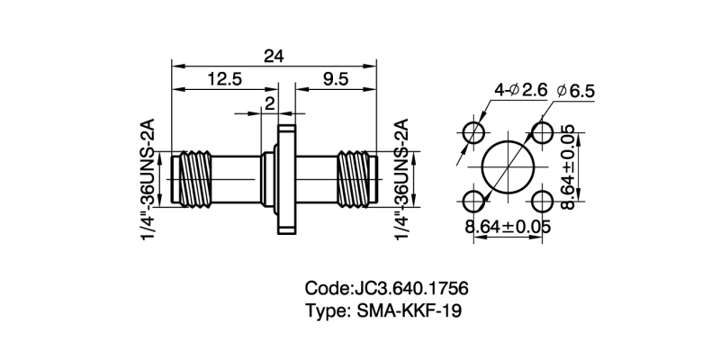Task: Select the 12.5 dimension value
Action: [x=224, y=79]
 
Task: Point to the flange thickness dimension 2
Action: [x=268, y=104]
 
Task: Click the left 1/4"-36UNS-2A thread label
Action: [x=148, y=180]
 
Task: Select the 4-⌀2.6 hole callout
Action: [x=520, y=90]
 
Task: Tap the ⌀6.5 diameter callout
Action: [x=576, y=91]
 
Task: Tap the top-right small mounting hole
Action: [x=543, y=132]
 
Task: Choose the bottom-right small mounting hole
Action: [x=543, y=200]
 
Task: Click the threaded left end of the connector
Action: [x=193, y=178]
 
